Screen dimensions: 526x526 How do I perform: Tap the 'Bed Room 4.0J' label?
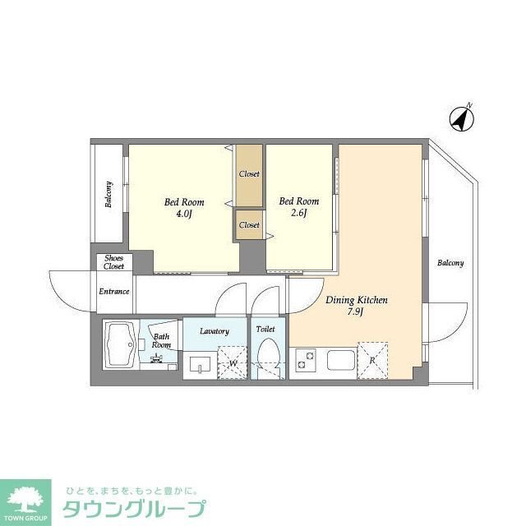coord(184,209)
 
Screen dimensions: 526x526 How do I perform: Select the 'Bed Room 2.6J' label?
coord(299,207)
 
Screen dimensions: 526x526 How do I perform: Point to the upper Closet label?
coord(249,174)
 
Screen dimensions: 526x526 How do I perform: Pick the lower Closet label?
coord(249,225)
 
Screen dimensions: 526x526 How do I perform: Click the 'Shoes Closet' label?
coord(113,263)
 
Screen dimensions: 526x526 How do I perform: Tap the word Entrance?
coord(114,291)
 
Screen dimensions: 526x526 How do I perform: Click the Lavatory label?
coord(214,331)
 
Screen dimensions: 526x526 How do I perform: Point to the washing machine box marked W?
coord(233,363)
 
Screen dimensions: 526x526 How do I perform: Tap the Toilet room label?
coord(266,329)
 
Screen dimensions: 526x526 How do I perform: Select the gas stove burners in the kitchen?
coord(306,360)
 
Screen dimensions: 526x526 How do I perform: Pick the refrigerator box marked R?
coord(373,360)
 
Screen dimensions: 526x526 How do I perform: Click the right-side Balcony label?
coord(450,264)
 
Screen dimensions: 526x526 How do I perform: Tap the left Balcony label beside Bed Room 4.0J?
coord(108,195)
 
